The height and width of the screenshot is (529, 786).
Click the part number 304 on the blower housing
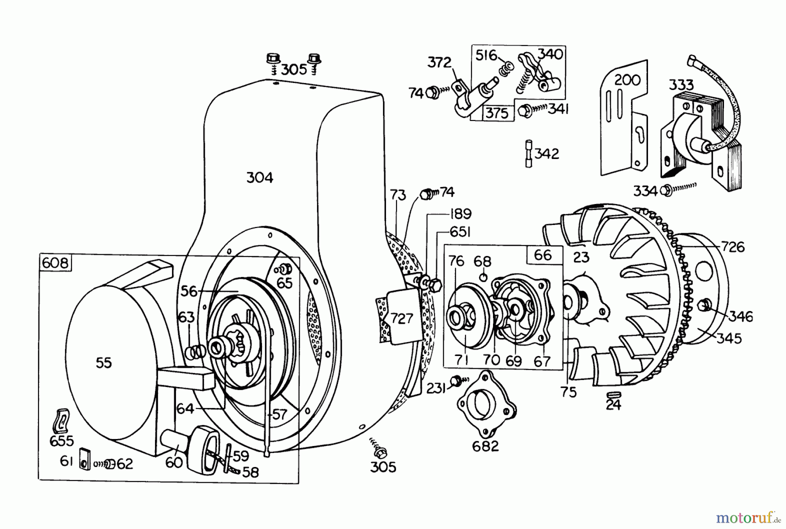[x=260, y=178]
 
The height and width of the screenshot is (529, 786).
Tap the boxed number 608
[x=55, y=263]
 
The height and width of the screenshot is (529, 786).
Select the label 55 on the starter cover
[x=104, y=363]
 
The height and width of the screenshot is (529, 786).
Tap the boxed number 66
[x=543, y=255]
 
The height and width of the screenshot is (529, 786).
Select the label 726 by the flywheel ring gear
[x=733, y=247]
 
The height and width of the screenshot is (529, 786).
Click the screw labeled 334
[x=667, y=190]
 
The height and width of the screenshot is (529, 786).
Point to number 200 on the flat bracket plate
[x=627, y=80]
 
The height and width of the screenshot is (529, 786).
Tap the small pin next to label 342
[x=528, y=154]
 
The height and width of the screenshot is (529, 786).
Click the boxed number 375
[x=497, y=113]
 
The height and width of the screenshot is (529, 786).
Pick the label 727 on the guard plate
[x=401, y=318]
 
